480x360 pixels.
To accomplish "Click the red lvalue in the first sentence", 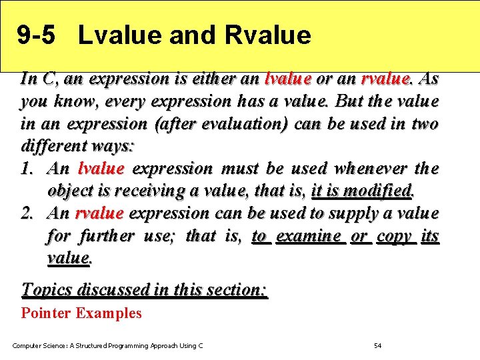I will point(288,79).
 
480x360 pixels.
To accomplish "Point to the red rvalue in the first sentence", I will point(385,79).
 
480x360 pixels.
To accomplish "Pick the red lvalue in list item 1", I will point(101,169).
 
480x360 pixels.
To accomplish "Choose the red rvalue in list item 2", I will point(99,213).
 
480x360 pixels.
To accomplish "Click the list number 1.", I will point(29,169).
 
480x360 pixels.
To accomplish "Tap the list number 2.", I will point(29,213).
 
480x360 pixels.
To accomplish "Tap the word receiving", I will point(150,191).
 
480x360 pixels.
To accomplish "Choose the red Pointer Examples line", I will point(81,313).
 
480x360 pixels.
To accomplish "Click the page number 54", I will point(377,345).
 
